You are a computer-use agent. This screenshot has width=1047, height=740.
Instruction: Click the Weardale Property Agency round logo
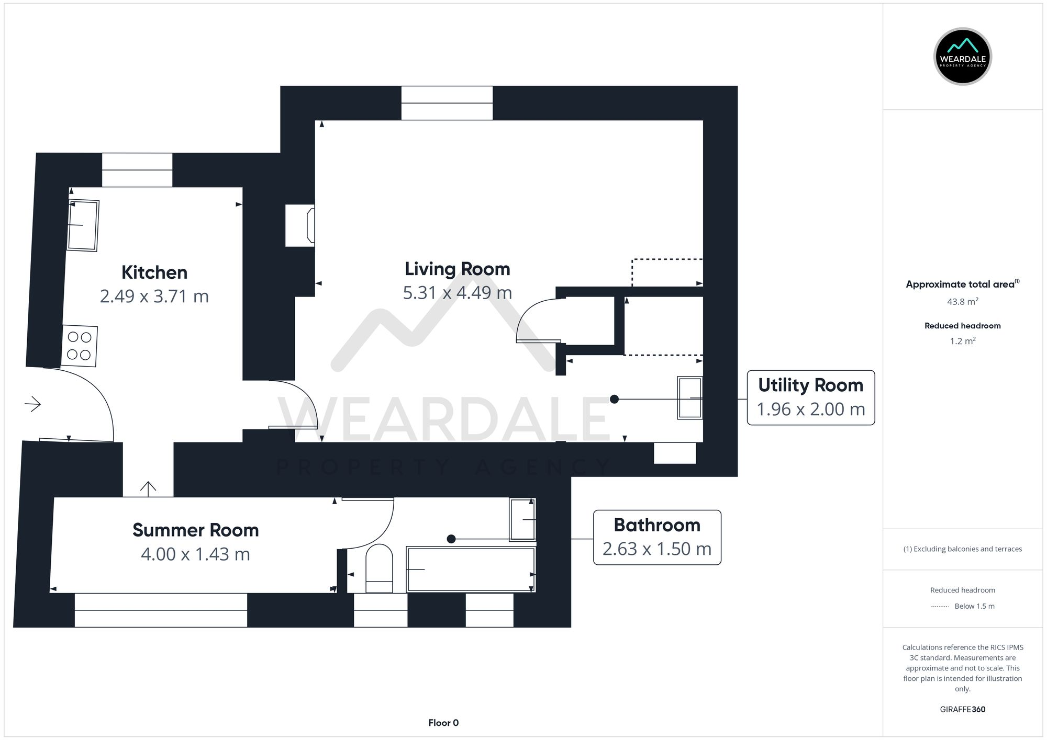point(962,56)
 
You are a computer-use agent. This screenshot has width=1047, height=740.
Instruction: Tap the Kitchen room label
point(154,272)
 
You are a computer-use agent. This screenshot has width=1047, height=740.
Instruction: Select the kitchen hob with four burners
point(80,346)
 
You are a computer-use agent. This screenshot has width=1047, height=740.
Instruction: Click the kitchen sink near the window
point(83,225)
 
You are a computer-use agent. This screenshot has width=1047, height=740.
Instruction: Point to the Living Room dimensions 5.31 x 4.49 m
point(457,293)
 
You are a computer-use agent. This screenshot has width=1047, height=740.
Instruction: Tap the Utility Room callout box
point(810,397)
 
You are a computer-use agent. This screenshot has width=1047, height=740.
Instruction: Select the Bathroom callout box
point(656,537)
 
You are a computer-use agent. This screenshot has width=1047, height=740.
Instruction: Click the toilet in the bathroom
point(379,569)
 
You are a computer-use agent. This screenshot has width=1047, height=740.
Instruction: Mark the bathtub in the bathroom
point(471,569)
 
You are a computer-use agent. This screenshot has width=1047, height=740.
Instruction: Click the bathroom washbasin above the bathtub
point(522,519)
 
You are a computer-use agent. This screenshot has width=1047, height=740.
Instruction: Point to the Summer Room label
point(195,530)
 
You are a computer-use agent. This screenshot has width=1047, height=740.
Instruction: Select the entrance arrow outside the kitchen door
point(32,404)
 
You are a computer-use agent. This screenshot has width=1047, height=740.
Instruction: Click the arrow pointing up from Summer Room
point(148,488)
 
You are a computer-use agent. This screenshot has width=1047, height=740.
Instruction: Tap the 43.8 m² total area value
point(962,302)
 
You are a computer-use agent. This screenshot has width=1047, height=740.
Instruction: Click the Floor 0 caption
point(443,723)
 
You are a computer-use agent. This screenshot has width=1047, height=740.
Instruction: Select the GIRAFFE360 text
point(962,709)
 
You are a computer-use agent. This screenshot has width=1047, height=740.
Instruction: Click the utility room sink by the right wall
point(689,397)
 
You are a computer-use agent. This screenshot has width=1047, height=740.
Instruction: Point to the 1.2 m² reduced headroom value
point(962,341)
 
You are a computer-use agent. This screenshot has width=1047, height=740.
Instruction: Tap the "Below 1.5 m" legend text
point(974,606)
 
